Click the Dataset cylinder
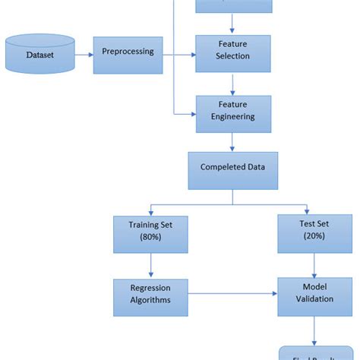(x=40, y=55)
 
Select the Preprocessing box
(x=128, y=52)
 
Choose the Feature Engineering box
(x=233, y=112)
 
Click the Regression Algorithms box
(x=150, y=293)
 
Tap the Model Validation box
(x=314, y=293)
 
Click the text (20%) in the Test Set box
(x=314, y=238)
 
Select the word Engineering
(x=233, y=118)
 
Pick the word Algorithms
(x=150, y=300)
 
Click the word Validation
(x=314, y=300)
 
